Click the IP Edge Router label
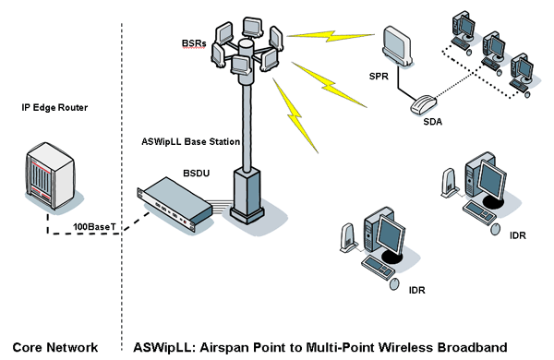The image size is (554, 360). tap(54, 108)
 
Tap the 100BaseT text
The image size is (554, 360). tap(96, 226)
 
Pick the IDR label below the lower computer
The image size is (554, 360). tap(416, 290)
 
